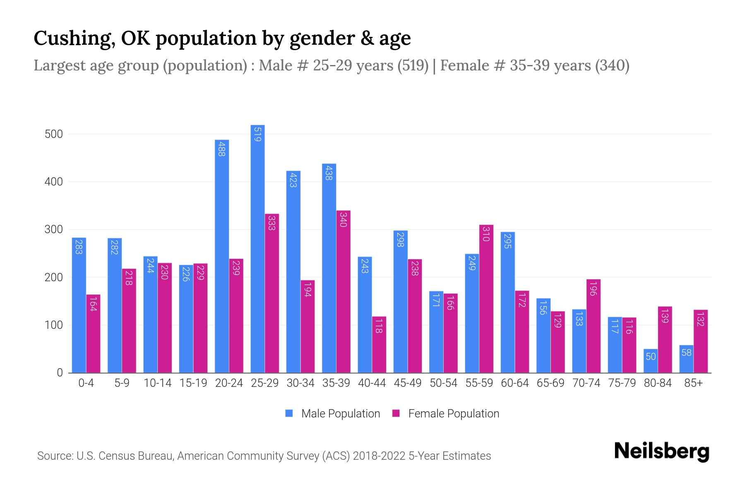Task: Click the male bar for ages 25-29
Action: (257, 248)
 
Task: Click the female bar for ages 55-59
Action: (486, 299)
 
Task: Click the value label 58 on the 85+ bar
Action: (686, 352)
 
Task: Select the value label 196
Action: (593, 289)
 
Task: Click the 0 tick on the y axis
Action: (60, 373)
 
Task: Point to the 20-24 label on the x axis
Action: (229, 383)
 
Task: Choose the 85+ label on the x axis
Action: (693, 383)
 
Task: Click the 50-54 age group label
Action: (443, 383)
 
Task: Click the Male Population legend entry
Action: (333, 414)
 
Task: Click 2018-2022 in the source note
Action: (379, 456)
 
